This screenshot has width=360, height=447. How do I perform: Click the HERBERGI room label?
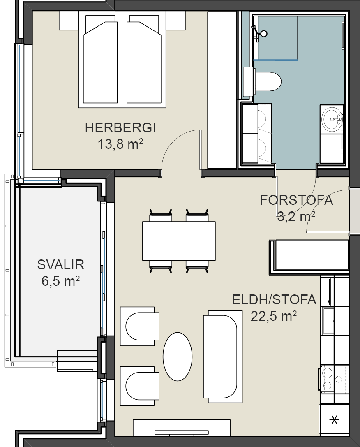point(120,128)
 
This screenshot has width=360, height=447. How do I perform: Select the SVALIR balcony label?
point(61,265)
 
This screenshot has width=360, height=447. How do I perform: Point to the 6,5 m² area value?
point(60,281)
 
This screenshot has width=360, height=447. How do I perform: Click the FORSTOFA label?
point(296,200)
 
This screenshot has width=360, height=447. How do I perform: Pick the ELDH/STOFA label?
point(274,300)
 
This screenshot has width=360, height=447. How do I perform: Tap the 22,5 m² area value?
point(274,316)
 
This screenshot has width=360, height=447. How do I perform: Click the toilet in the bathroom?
point(263,81)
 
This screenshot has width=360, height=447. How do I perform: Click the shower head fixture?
point(259,33)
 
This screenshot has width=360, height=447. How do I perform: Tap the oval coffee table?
point(178,357)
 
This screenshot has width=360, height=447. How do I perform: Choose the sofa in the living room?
point(223,357)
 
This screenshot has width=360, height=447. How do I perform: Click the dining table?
point(179,241)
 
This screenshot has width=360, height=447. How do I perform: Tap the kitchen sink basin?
point(328,321)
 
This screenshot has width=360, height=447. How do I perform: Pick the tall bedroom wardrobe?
point(222,90)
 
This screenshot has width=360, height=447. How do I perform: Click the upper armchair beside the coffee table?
point(140,326)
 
